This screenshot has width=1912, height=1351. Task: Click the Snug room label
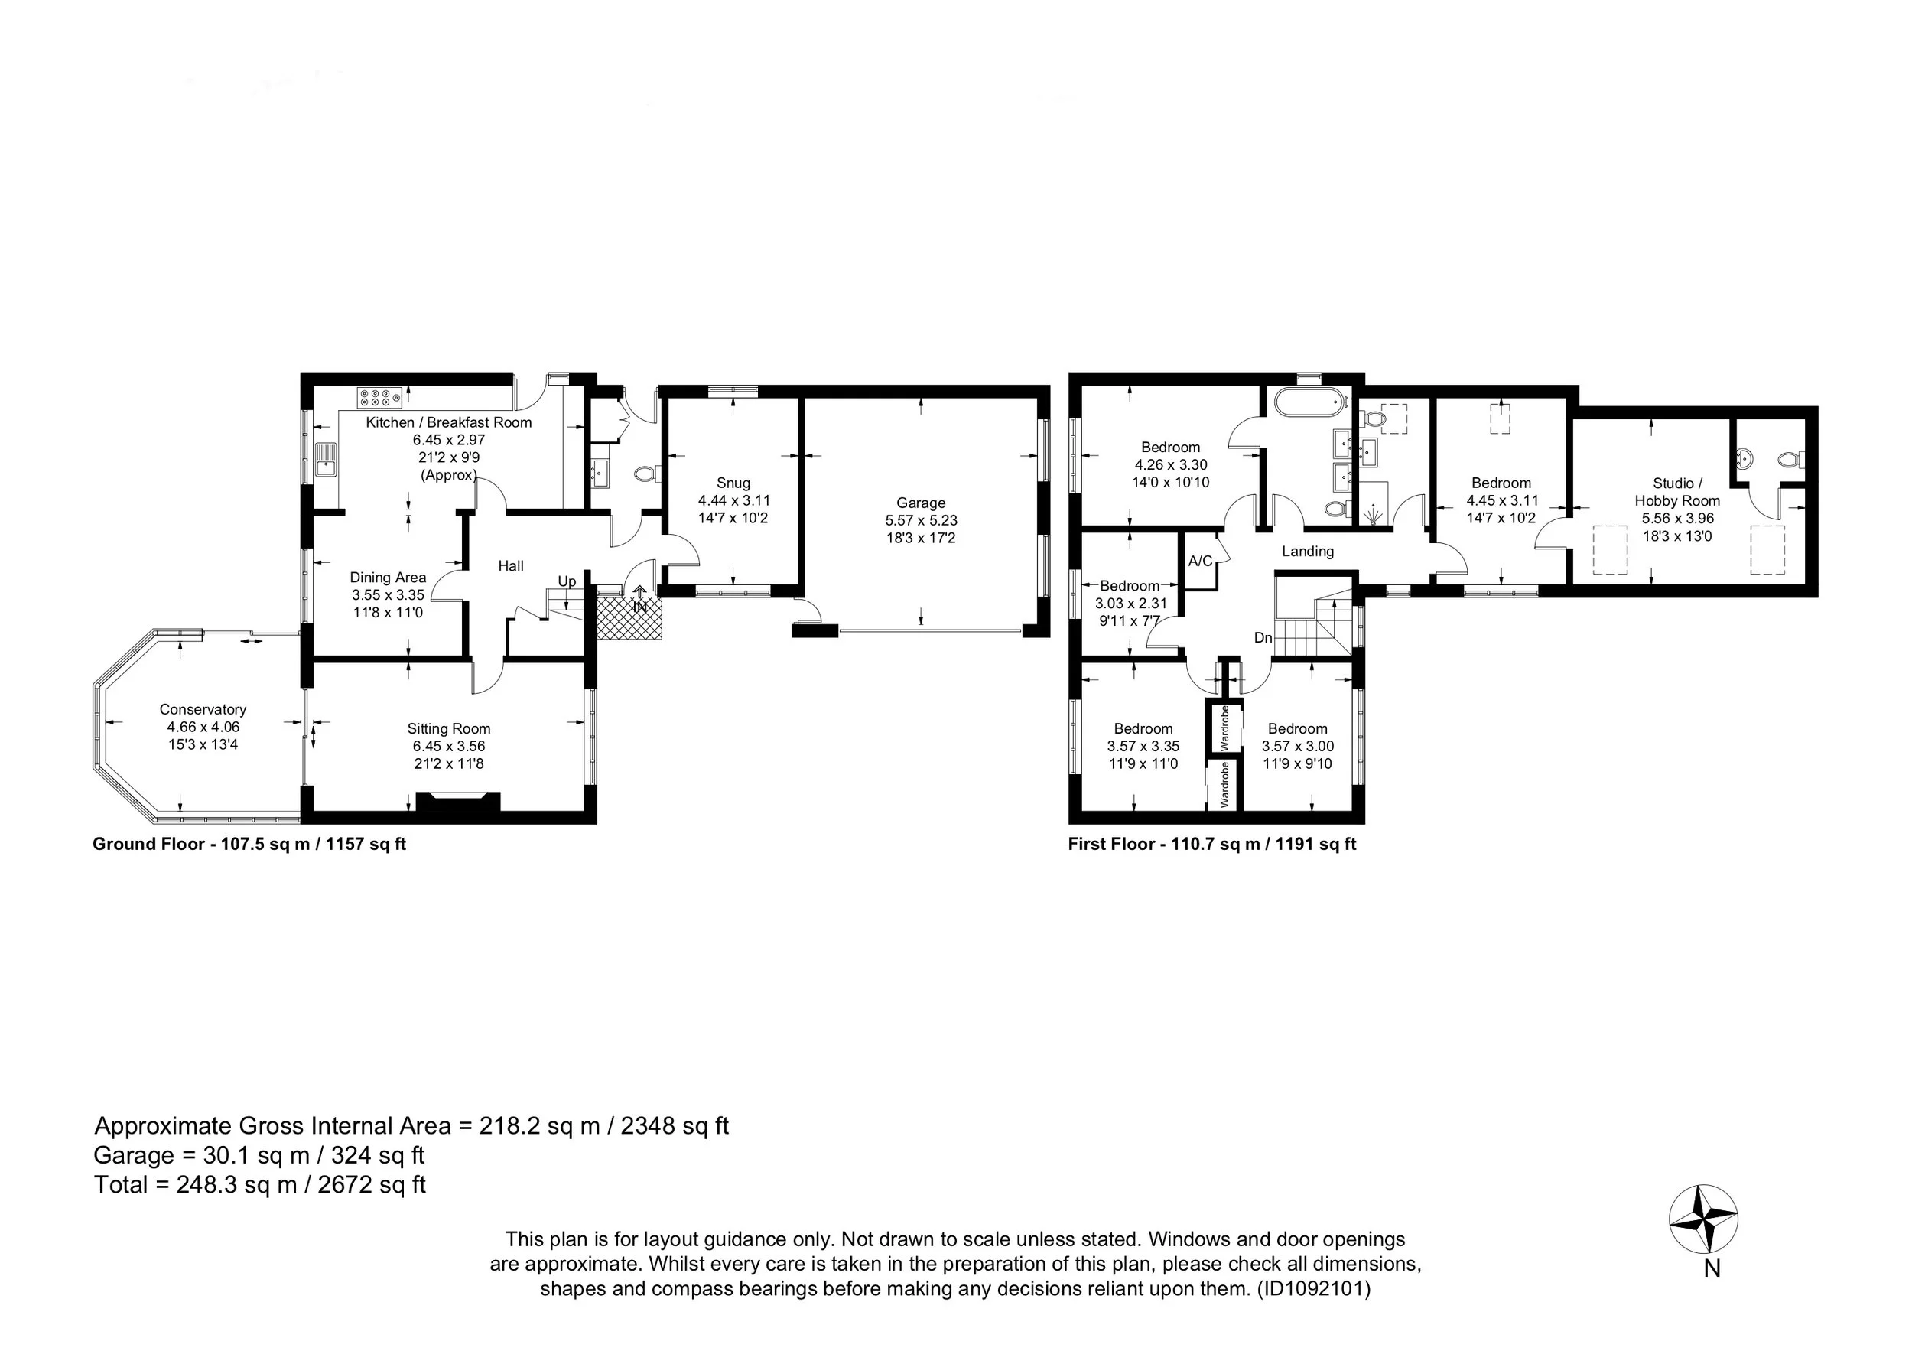733,483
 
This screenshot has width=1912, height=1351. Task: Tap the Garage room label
920,503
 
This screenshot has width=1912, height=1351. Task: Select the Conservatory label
203,709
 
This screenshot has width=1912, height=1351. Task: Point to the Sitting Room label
448,729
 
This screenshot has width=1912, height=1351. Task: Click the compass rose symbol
1703,1219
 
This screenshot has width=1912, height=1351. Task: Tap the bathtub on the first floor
1311,402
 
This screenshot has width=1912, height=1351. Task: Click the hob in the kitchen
380,396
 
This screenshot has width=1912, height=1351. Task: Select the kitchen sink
326,460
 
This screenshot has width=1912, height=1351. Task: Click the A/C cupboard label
1200,562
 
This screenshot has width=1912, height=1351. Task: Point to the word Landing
1307,552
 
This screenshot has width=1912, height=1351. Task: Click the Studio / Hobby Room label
1677,491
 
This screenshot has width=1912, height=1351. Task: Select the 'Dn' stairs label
1263,638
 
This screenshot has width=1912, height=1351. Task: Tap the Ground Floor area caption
249,844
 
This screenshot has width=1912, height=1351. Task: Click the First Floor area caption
1211,844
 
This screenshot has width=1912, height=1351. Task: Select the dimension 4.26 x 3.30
1170,465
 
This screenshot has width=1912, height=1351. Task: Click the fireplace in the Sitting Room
458,801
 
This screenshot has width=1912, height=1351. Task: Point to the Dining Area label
387,578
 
